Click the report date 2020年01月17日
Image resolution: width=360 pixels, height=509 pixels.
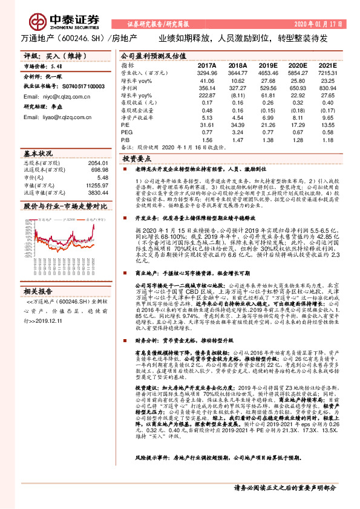318,25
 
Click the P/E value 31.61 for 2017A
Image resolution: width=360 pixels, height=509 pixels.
208,124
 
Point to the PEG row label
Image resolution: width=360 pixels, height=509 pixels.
126,131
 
